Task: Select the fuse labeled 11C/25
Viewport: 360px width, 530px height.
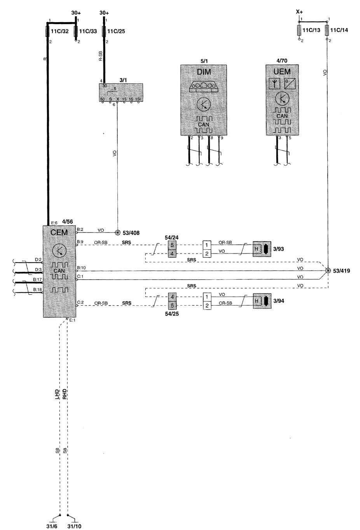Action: (x=103, y=30)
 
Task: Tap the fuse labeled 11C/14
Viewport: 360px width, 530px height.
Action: (x=327, y=30)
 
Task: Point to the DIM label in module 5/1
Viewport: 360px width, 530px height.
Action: (x=203, y=72)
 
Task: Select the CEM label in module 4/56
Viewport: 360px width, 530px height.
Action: (x=59, y=233)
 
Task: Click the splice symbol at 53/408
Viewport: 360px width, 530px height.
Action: (x=118, y=233)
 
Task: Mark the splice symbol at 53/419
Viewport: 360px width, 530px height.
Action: (x=328, y=271)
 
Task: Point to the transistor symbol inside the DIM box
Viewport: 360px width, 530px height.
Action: (x=203, y=104)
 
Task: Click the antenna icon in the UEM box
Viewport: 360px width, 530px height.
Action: (x=275, y=83)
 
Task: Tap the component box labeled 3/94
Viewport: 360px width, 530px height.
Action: (x=262, y=301)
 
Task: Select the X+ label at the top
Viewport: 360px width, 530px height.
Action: (x=299, y=12)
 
